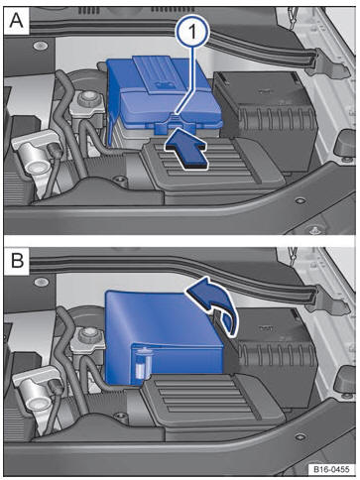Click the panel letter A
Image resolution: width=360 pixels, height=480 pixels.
pos(16,21)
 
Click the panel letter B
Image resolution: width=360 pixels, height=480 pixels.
pos(17,260)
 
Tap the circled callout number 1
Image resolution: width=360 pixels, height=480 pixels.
pos(192,33)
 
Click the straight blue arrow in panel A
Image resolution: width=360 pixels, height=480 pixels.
pos(187,148)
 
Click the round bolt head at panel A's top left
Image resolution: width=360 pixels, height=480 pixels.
pos(39,46)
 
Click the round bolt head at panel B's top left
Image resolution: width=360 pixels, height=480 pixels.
pos(41,282)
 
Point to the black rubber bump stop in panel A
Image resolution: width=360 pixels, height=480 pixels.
pos(346,144)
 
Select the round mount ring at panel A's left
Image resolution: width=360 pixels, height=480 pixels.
pos(37,168)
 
